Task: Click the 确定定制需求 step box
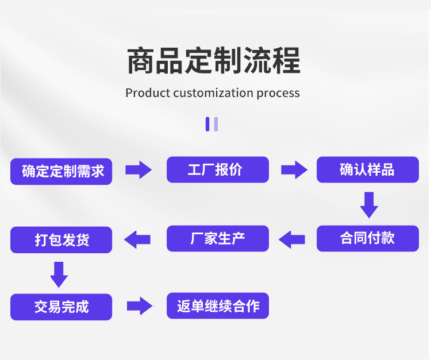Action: point(61,171)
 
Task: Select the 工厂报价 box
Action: point(218,169)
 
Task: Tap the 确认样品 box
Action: point(368,169)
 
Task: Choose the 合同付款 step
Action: point(368,238)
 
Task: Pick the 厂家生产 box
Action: point(218,238)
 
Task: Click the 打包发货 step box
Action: point(61,240)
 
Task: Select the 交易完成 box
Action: point(61,307)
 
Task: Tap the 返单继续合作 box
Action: point(218,305)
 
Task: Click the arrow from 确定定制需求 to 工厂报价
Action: point(138,170)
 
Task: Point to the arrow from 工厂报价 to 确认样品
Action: point(294,170)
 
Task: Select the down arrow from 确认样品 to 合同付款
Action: point(369,205)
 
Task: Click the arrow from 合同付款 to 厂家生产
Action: point(291,239)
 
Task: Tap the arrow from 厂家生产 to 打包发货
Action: point(137,239)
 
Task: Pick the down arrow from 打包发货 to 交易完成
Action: point(59,274)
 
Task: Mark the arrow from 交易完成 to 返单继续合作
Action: point(140,305)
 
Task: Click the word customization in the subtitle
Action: point(213,93)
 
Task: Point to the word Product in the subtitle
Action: point(148,93)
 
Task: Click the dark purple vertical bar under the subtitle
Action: point(207,124)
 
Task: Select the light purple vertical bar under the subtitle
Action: point(215,124)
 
